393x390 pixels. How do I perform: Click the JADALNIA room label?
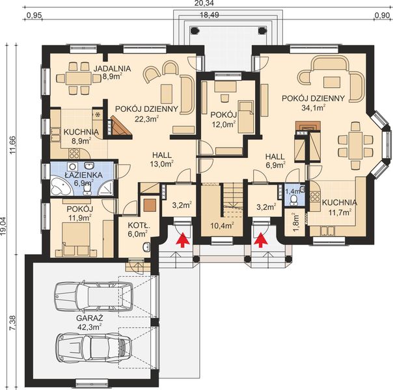coord(113,68)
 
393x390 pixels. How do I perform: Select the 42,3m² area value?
coord(89,327)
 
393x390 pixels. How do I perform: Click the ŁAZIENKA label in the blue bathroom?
coord(83,175)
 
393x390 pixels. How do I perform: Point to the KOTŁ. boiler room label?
coord(139,226)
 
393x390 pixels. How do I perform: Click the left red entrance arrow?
coord(183,239)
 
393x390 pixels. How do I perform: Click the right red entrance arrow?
coord(261,239)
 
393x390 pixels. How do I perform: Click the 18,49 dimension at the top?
coord(210,15)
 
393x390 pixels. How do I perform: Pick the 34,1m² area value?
coord(314,108)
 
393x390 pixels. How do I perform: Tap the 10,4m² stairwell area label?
coord(222,226)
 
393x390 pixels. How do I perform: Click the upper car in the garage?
coord(93,296)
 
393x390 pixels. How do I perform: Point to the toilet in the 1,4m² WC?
coord(293,200)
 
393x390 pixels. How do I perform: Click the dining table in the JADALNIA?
coord(79,79)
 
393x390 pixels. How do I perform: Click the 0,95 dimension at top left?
coord(34,16)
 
